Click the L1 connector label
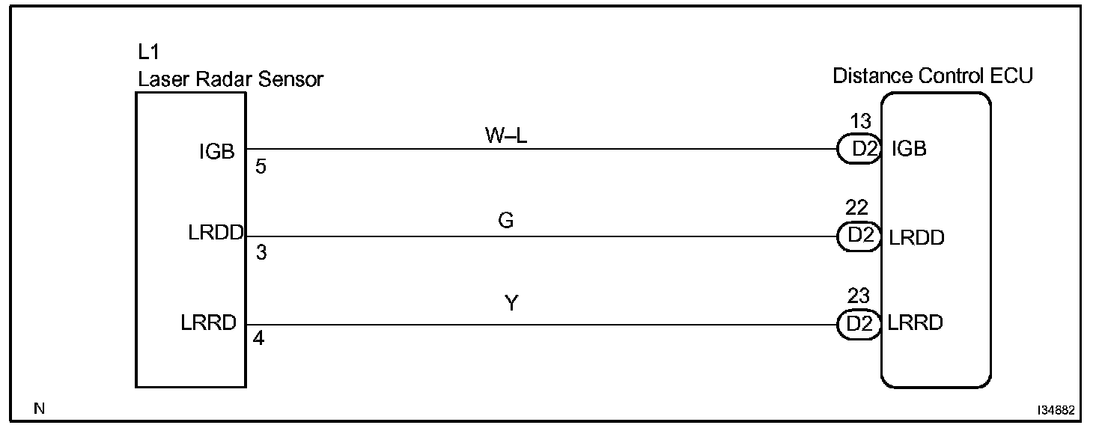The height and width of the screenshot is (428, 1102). [x=149, y=53]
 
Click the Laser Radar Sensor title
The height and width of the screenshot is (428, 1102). [x=231, y=79]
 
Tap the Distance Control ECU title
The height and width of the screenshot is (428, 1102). [x=933, y=76]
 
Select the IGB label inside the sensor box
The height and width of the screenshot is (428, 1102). [x=217, y=152]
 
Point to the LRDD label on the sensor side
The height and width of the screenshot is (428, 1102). [x=216, y=233]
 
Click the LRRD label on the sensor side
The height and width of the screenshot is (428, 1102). [x=209, y=322]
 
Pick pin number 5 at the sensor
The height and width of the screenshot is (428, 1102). [x=261, y=167]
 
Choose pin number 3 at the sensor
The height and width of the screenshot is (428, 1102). [x=261, y=253]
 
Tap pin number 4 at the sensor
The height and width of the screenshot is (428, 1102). [x=259, y=338]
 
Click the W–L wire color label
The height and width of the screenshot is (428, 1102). [x=506, y=136]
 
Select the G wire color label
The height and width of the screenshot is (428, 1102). [x=506, y=221]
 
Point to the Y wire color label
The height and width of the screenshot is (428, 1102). [x=512, y=304]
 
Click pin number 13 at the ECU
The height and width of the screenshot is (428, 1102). [x=861, y=122]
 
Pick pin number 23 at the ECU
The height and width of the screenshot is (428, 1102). [x=858, y=296]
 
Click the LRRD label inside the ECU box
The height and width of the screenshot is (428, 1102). [x=915, y=323]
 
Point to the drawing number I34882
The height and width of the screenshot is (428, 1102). [x=1056, y=411]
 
